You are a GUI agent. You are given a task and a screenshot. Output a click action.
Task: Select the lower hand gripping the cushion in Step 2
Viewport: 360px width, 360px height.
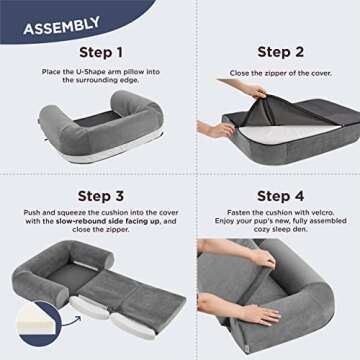219,130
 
